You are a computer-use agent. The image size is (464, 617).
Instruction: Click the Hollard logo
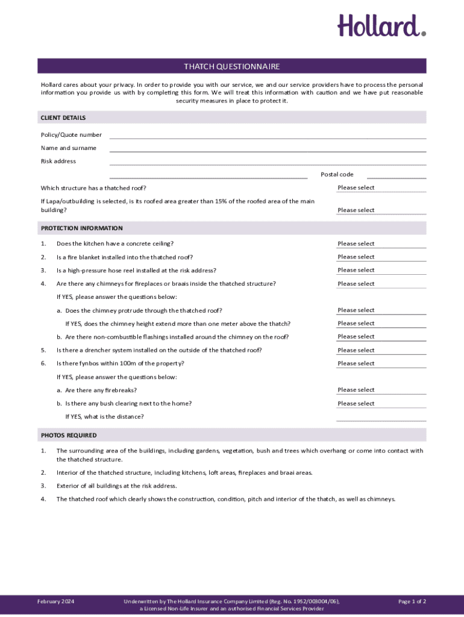(x=381, y=27)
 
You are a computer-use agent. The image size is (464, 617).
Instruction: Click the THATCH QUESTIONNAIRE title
(x=232, y=66)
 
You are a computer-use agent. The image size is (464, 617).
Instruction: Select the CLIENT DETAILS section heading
(x=63, y=117)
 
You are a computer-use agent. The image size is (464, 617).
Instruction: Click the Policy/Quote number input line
(x=268, y=135)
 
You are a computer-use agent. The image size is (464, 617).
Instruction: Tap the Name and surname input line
(x=268, y=148)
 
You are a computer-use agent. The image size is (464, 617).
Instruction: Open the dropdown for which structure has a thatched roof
(x=381, y=188)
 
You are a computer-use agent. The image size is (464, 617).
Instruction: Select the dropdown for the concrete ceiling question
(x=381, y=244)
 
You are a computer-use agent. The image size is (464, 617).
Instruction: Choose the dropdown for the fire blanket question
(x=381, y=257)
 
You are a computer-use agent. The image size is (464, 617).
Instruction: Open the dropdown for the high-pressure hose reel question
(x=381, y=271)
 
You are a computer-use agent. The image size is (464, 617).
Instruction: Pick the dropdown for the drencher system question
(x=381, y=351)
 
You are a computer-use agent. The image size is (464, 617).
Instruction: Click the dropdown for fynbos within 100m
(x=381, y=364)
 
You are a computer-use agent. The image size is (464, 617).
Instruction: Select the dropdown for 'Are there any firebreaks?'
(x=381, y=390)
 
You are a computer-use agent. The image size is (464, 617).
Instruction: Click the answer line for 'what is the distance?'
(x=381, y=417)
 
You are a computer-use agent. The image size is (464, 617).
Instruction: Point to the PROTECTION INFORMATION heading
(x=82, y=228)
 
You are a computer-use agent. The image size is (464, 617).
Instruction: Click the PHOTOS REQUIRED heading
(x=69, y=435)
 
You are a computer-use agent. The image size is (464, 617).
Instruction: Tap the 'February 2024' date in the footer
(x=55, y=601)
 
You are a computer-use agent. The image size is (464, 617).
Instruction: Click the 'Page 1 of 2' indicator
(x=412, y=601)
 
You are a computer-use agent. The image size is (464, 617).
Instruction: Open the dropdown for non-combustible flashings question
(x=381, y=337)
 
